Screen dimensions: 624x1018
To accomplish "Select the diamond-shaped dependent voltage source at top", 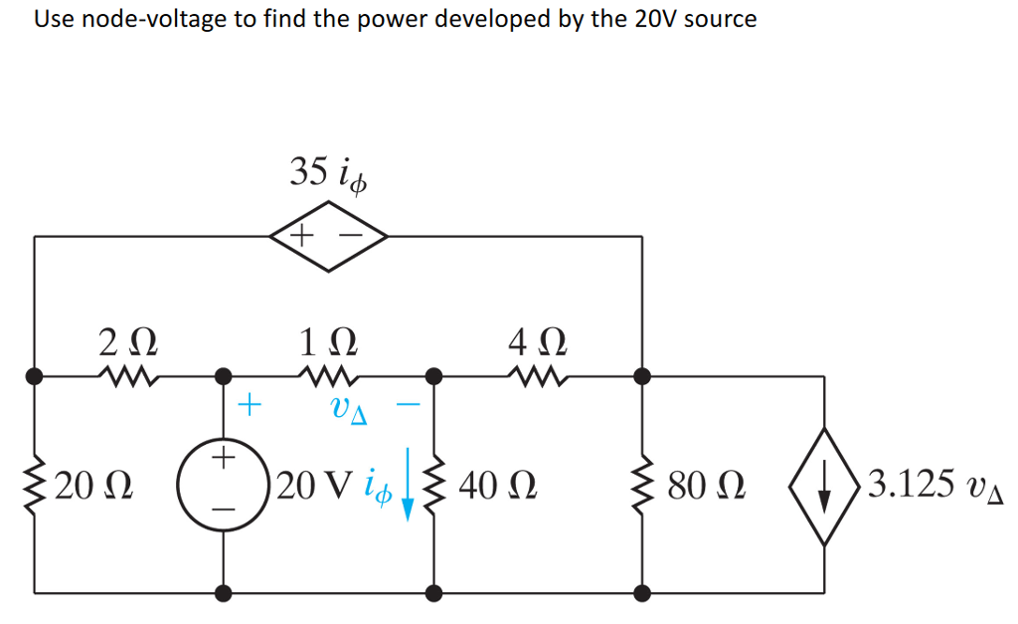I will click(x=327, y=238).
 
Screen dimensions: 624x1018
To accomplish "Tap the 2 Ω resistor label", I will click(x=127, y=342).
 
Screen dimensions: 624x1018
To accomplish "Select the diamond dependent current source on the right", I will click(x=824, y=486).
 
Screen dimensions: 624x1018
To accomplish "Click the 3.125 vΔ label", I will click(x=933, y=487).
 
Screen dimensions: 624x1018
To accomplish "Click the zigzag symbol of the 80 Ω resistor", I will click(x=642, y=486).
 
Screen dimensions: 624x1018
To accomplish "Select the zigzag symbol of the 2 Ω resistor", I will click(x=127, y=376).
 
